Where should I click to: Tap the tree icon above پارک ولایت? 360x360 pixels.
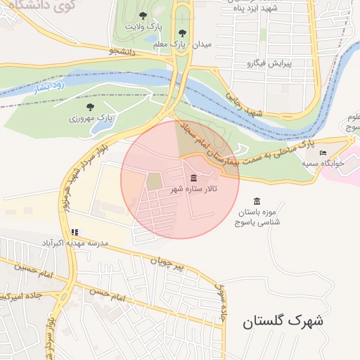click(143, 15)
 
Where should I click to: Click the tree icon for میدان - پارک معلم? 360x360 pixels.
click(183, 32)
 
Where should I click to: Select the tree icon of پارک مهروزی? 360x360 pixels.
click(90, 107)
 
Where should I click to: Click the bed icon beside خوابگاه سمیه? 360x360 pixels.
click(323, 153)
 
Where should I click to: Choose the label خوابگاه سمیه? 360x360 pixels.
click(323, 162)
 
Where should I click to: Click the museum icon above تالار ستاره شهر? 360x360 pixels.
click(193, 178)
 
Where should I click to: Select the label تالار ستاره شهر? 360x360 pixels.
click(193, 190)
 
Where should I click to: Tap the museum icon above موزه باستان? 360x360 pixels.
click(257, 200)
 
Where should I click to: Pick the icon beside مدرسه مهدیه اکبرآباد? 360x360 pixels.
click(75, 232)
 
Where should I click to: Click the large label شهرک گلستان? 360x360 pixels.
click(283, 322)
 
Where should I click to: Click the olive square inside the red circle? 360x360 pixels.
click(154, 181)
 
